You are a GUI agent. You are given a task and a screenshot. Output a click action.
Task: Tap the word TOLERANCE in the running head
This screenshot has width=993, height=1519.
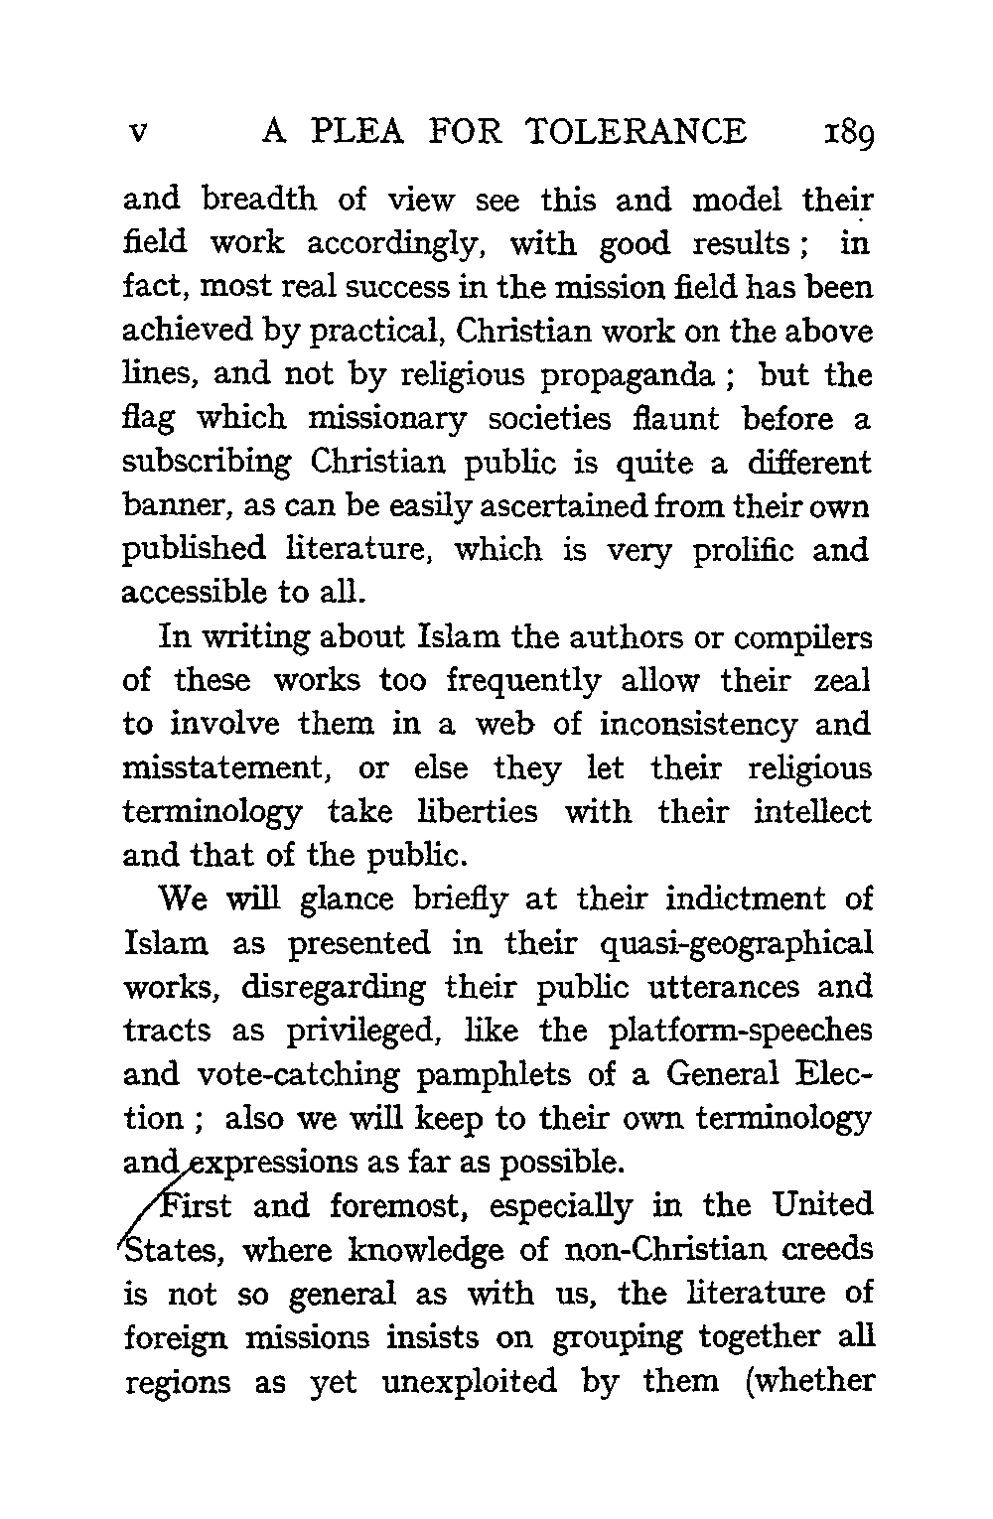tap(637, 132)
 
